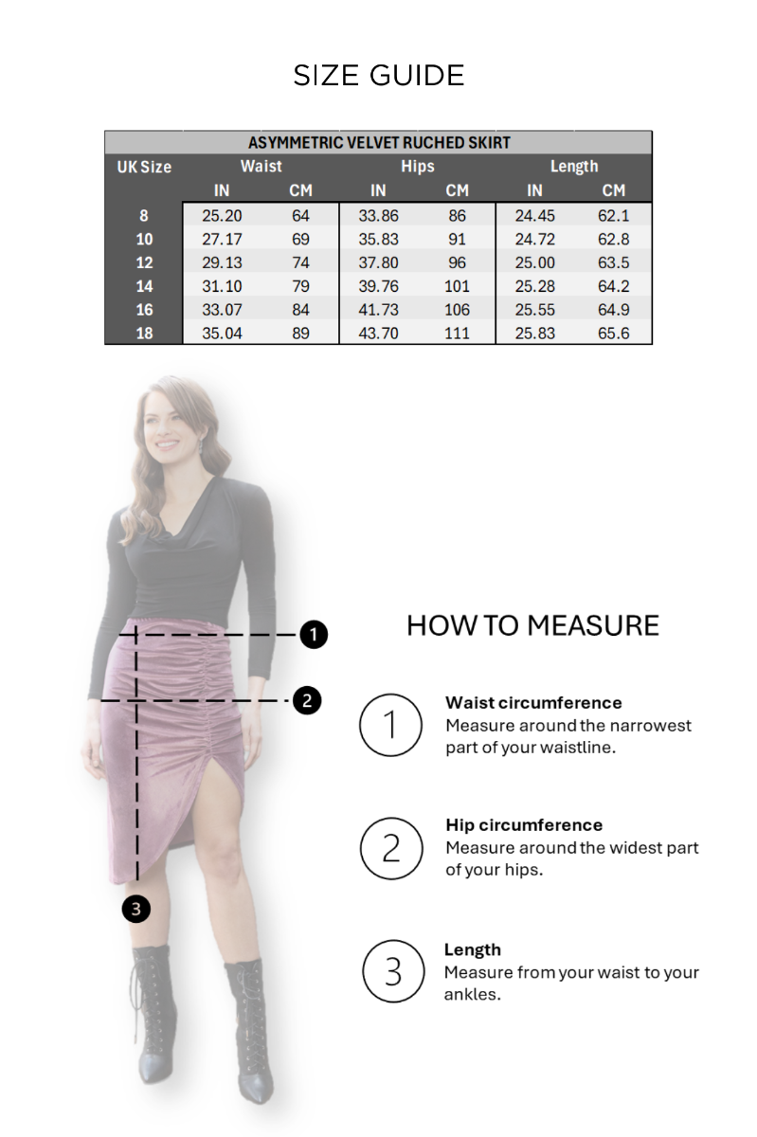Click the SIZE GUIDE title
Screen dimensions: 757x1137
[x=379, y=76]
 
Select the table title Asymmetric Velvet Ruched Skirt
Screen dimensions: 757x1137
[x=379, y=143]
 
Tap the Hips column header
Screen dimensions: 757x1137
[x=417, y=167]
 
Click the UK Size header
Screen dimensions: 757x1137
[x=144, y=167]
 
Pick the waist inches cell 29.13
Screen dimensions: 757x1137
[x=222, y=262]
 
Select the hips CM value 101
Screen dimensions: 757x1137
[x=457, y=286]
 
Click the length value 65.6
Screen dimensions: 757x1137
[x=613, y=333]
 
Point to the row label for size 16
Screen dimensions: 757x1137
[x=144, y=310]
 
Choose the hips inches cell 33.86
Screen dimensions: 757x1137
[x=378, y=216]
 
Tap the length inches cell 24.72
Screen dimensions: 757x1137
[x=534, y=239]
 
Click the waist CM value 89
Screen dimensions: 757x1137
[x=300, y=333]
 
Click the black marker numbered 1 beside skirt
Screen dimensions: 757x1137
[x=314, y=635]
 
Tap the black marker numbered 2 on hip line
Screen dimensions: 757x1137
[x=307, y=700]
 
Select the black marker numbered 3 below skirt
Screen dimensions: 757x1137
[x=136, y=909]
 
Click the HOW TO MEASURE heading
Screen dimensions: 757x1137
[x=532, y=624]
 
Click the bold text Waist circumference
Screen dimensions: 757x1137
[x=533, y=702]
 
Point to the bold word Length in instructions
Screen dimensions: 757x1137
[x=472, y=949]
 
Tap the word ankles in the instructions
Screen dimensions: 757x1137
[x=472, y=994]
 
